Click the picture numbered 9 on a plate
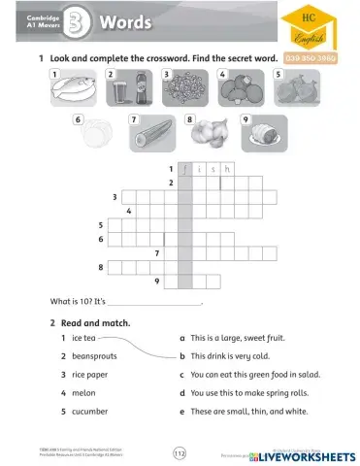pos(266,135)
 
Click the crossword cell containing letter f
pos(185,168)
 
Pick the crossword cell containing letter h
pos(227,168)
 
